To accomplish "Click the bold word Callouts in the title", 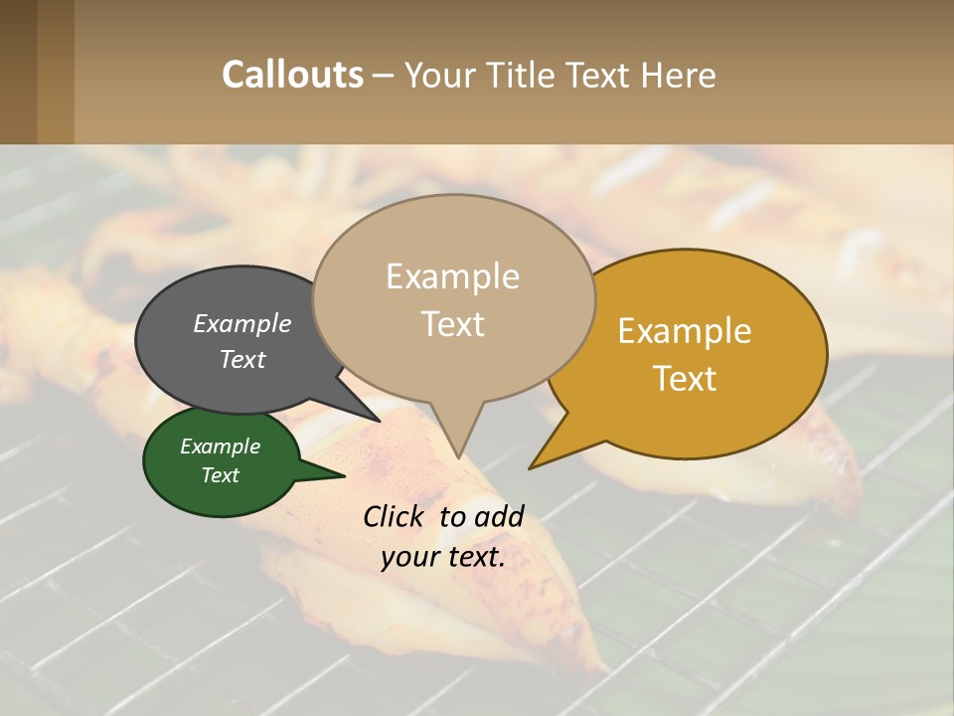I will [x=292, y=75].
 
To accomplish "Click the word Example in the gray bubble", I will [x=242, y=323].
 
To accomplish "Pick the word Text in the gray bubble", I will [x=242, y=359].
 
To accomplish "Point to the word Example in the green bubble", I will [x=220, y=447].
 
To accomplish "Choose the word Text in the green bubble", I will [x=220, y=475].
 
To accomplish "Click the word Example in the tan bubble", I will [x=452, y=276].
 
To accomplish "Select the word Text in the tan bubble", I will [x=452, y=324].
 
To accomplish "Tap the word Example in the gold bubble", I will [x=685, y=331].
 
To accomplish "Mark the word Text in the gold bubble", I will [x=685, y=379].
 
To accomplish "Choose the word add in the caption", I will [x=499, y=516].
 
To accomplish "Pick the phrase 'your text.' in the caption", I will [x=443, y=557].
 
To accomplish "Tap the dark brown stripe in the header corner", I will [x=18, y=72].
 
